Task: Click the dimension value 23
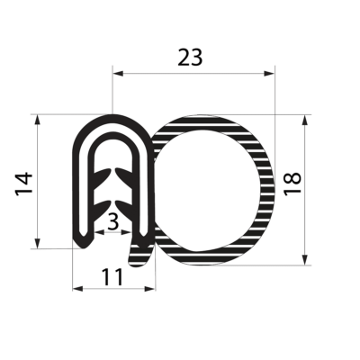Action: [190, 58]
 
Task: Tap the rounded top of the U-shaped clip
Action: [110, 118]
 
